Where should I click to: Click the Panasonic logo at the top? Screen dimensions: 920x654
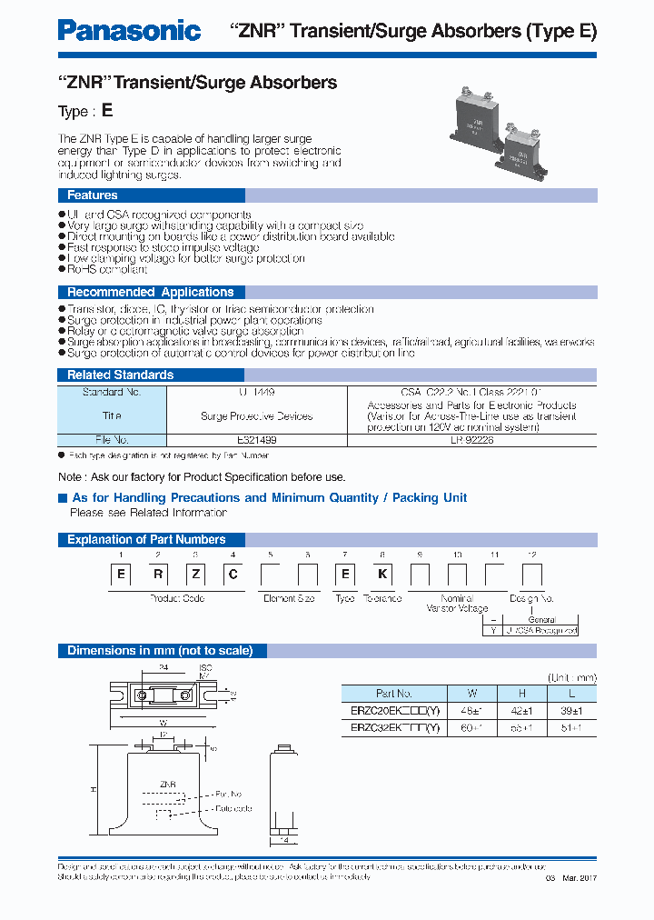pos(129,31)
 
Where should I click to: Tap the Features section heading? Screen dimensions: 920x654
pos(92,195)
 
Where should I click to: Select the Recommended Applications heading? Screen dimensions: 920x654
pos(151,292)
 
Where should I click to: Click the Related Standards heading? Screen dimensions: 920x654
pos(120,375)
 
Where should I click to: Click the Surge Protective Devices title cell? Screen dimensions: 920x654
pos(256,416)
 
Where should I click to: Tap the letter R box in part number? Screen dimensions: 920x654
pos(157,575)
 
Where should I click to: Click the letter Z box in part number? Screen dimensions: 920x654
pos(195,575)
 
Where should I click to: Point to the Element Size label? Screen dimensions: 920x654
pos(289,598)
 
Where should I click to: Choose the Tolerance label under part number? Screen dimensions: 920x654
pos(381,598)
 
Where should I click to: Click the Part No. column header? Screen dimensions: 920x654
pos(393,693)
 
